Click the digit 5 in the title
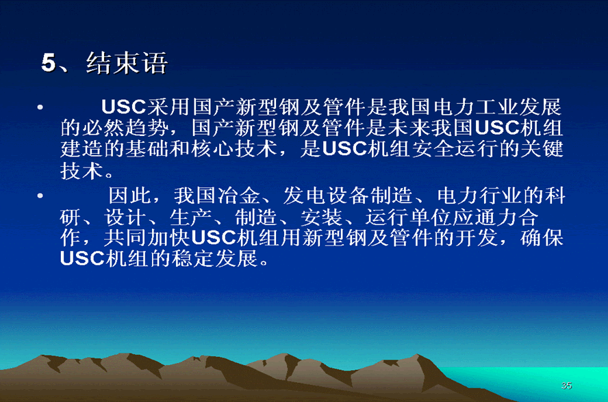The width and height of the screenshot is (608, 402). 49,63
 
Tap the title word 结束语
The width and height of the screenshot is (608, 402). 127,63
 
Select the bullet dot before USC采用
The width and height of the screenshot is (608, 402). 40,107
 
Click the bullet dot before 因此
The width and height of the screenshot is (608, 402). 40,196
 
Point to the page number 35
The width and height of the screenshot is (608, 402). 566,386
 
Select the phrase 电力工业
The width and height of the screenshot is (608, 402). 476,107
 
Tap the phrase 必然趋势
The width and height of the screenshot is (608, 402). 125,128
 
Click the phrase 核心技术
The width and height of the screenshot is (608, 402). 234,149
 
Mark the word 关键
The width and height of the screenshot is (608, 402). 542,149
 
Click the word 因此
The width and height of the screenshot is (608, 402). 129,196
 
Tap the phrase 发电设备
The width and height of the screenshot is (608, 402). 326,196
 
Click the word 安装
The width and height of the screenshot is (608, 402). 322,217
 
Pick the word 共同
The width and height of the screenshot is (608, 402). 125,238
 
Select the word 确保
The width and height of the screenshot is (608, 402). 542,238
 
